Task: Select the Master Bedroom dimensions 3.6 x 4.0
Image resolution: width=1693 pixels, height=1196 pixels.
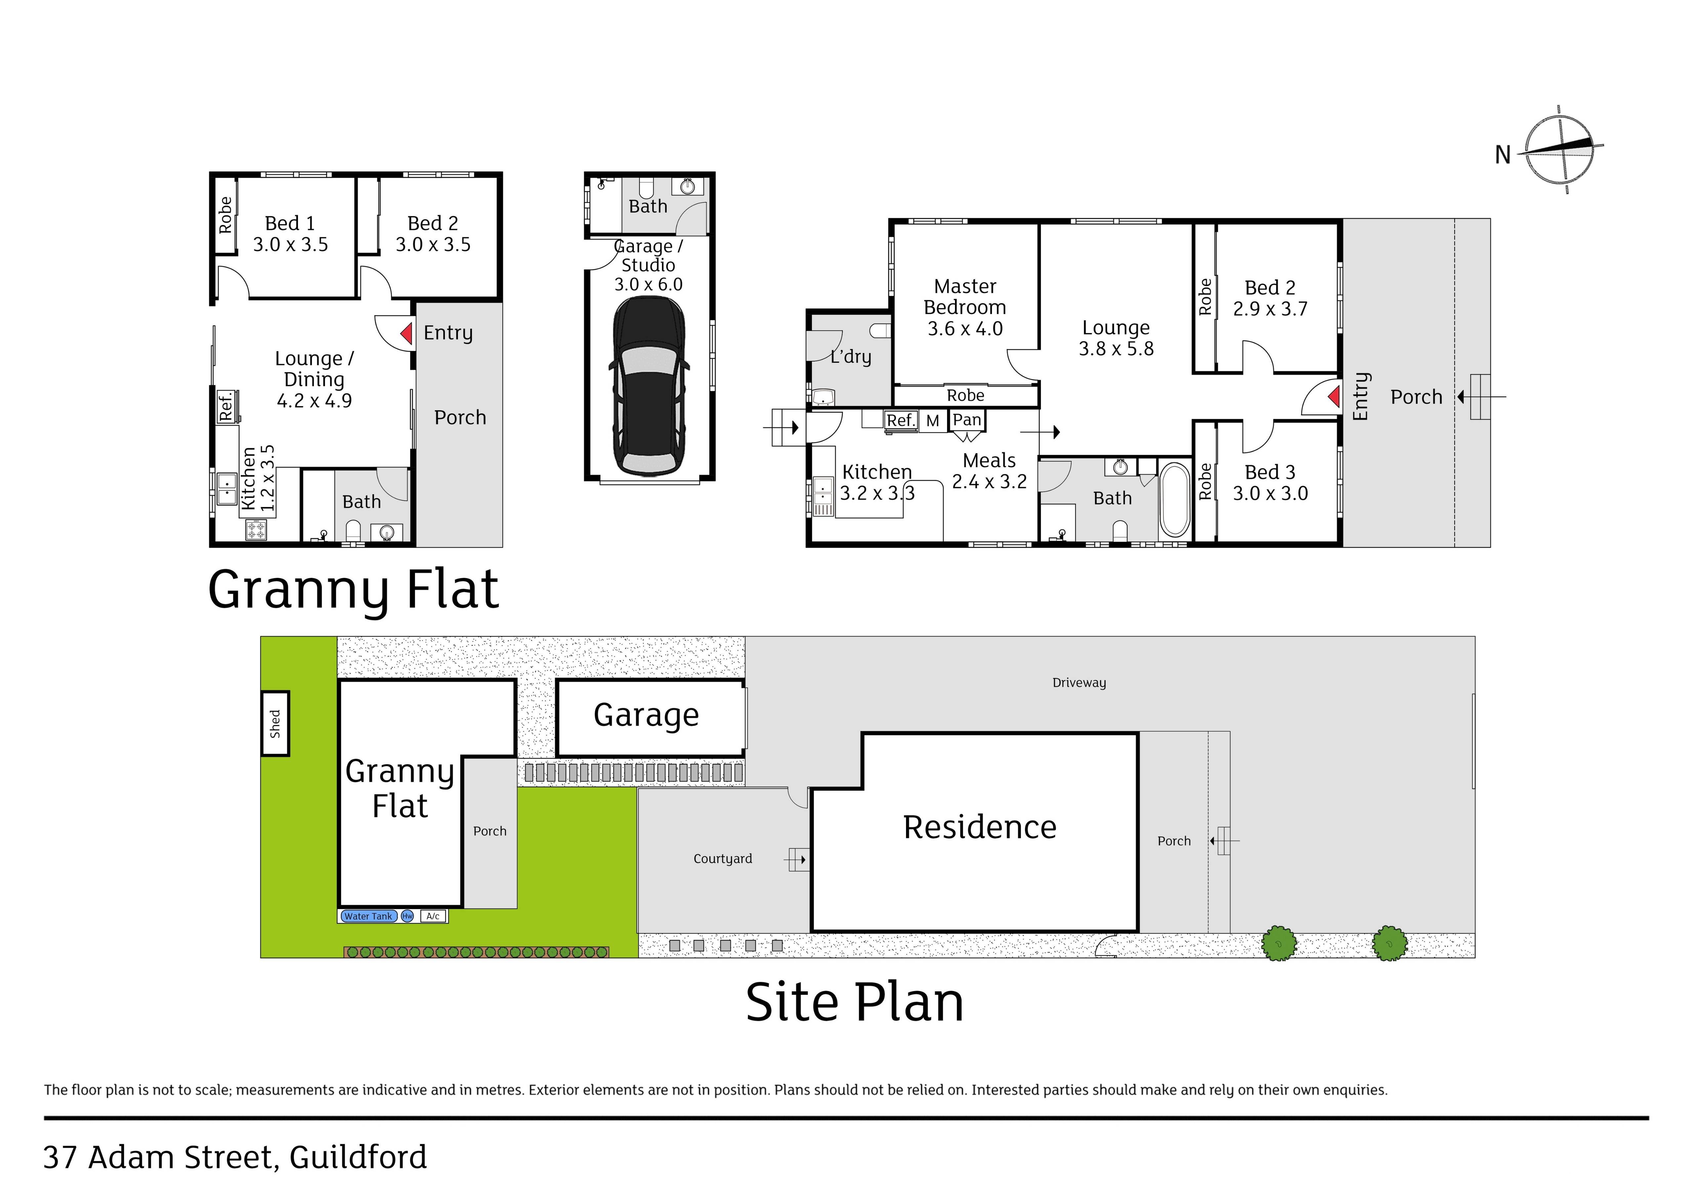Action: (965, 329)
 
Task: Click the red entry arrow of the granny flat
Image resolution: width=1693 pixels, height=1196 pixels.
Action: (406, 334)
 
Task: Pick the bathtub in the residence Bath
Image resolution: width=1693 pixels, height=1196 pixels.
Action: (1175, 499)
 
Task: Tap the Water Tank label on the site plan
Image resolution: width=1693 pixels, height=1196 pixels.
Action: (369, 917)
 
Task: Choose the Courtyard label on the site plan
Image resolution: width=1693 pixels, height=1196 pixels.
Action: (723, 859)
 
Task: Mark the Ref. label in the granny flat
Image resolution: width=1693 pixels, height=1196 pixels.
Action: (226, 406)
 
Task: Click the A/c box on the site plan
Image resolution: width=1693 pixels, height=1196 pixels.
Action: (433, 917)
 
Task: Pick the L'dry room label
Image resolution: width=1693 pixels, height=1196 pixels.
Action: (851, 357)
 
